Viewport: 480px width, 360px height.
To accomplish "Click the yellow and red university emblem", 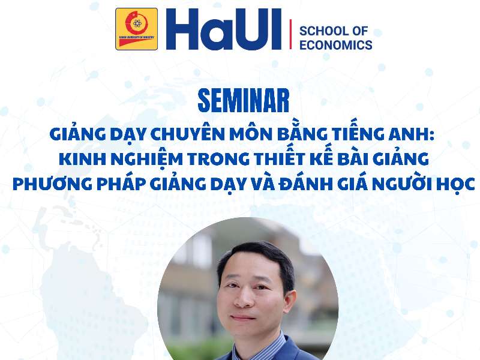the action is [x=137, y=29].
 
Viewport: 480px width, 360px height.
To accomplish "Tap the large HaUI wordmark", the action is [x=223, y=29].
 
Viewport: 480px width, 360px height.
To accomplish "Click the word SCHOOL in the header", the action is [x=325, y=31].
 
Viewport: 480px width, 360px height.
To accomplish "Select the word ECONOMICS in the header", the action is [x=336, y=45].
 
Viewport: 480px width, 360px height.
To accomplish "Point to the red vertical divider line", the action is [x=290, y=34].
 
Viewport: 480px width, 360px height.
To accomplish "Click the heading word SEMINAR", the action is [x=244, y=101].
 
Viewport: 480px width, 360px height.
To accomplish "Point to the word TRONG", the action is [x=215, y=159].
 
